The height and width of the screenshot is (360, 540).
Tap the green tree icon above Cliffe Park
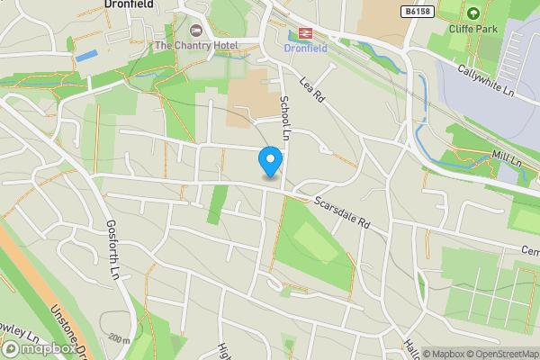point(473,13)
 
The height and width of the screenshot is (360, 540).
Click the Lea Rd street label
point(311,93)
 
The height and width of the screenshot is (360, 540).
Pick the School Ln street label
point(284,118)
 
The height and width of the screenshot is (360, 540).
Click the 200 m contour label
point(119,338)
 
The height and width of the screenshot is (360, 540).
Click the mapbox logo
point(36,347)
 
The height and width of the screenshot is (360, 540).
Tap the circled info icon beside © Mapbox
point(416,354)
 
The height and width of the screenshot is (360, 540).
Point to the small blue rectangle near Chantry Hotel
point(85,56)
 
